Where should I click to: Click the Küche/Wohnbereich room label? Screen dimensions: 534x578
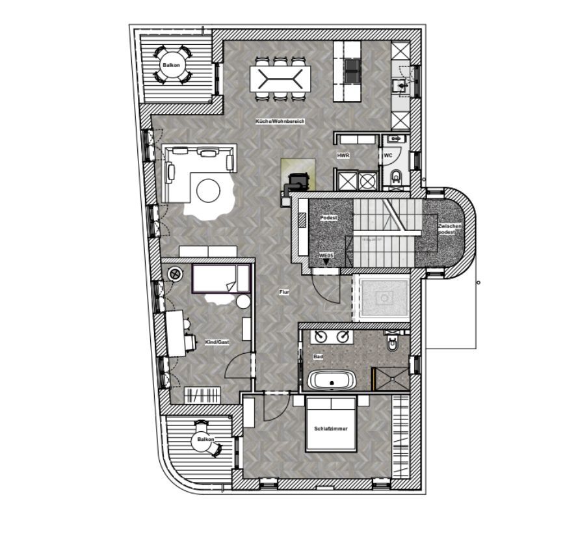pos(280,122)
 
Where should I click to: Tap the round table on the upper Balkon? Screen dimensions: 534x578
pos(172,66)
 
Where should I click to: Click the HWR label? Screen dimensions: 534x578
pos(343,156)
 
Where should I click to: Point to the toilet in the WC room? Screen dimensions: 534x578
pos(395,176)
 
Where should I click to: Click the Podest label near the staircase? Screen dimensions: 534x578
pos(329,218)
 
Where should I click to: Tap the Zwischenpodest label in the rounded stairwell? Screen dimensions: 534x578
pos(449,229)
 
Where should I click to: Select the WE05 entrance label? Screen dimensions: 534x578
pos(326,256)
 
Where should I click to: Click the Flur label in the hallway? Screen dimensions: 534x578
pos(284,293)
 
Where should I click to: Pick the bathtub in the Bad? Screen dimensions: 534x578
pos(332,381)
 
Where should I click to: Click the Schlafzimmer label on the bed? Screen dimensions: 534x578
pos(331,429)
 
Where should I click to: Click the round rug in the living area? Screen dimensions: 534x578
pos(209,191)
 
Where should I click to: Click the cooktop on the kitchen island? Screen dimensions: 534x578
pos(352,70)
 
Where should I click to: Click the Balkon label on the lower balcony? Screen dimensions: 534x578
pos(205,440)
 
